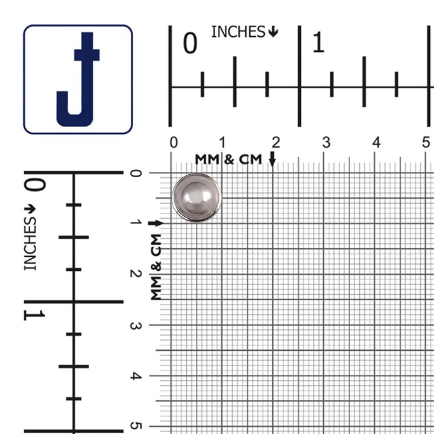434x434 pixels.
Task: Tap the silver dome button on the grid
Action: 197,197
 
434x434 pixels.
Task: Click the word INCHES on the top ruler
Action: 238,32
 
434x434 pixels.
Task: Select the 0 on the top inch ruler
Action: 190,43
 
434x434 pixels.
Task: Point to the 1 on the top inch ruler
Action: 318,42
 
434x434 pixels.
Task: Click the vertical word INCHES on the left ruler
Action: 30,244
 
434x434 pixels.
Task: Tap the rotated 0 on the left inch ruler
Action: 34,185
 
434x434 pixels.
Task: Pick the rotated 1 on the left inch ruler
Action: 34,315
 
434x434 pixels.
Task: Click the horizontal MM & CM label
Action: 228,159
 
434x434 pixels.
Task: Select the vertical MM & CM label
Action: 156,267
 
